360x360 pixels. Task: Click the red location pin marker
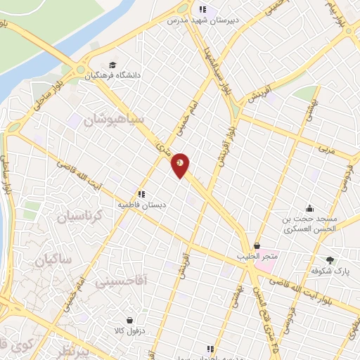click(x=180, y=165)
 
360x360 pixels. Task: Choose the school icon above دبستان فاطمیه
click(x=141, y=193)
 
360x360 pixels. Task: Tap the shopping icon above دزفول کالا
click(x=128, y=319)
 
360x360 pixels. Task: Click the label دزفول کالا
click(x=128, y=329)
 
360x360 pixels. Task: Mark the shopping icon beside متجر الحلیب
click(x=257, y=246)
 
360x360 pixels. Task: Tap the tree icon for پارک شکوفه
click(x=330, y=260)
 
